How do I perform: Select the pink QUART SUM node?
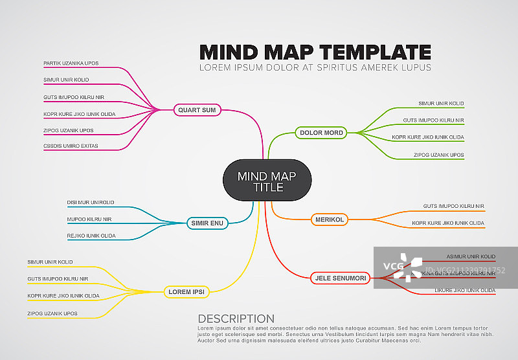tap(197, 110)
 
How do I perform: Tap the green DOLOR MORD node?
tap(322, 133)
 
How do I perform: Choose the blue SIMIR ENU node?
tap(208, 223)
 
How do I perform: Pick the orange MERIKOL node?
tap(330, 219)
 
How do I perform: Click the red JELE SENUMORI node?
tap(341, 278)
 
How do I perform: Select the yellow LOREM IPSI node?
tap(186, 291)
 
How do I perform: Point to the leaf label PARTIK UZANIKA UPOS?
tap(71, 63)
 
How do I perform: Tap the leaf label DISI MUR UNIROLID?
tap(91, 203)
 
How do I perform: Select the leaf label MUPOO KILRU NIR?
tap(89, 219)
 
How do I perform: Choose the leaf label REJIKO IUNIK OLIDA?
tap(91, 236)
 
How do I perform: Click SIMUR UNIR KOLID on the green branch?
tap(441, 104)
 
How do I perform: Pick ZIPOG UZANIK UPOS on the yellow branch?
tap(52, 313)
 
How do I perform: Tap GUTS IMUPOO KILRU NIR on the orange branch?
tap(454, 206)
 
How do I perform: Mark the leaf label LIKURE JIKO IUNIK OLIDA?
tap(465, 290)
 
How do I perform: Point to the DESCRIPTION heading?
tap(236, 319)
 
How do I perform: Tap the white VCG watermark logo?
tap(402, 265)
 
